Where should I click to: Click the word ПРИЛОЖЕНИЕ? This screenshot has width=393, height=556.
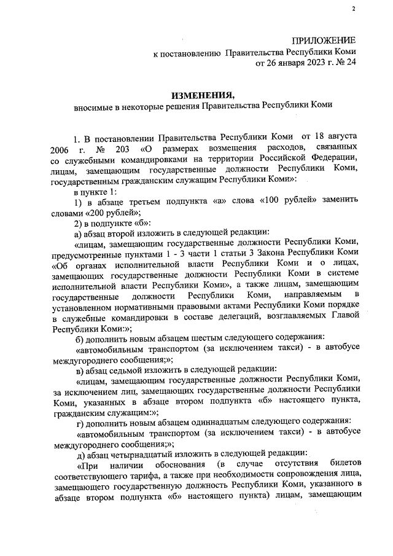point(325,40)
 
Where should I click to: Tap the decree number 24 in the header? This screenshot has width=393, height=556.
point(350,62)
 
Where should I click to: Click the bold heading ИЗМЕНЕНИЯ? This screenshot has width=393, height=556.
point(203,95)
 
